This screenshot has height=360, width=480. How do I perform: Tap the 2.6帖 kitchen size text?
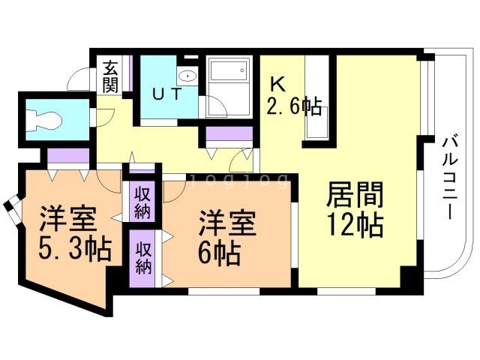tap(294, 108)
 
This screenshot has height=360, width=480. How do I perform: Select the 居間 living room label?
tap(354, 196)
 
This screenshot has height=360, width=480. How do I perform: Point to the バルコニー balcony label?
tap(450, 176)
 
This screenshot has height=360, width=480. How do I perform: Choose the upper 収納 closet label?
tap(143, 201)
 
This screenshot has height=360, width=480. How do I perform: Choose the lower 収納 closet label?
tap(143, 256)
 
